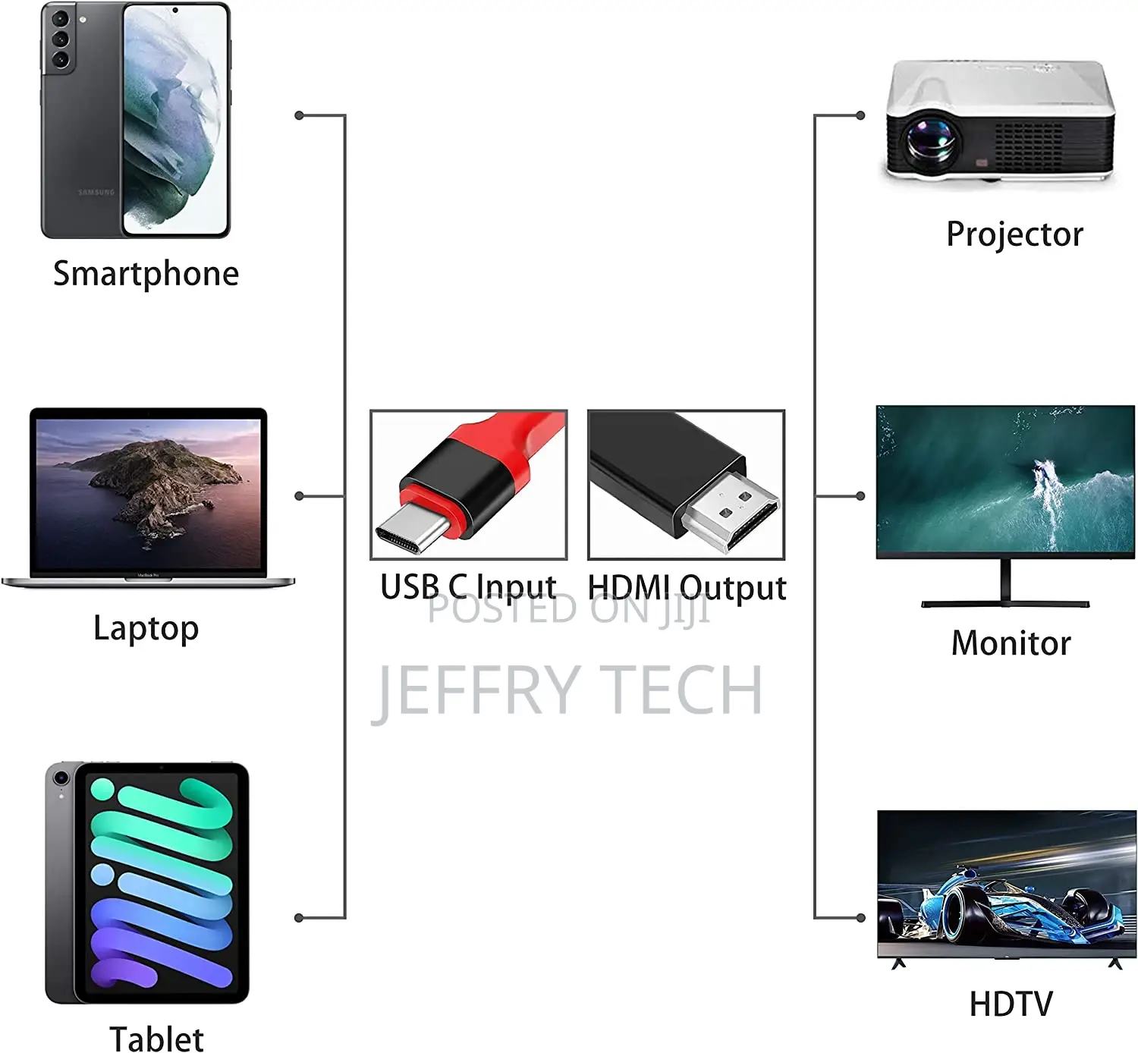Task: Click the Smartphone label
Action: coord(146,274)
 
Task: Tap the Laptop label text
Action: coord(146,629)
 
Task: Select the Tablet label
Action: coord(156,1039)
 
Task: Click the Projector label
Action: coord(1014,235)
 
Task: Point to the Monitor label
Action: coord(1011,643)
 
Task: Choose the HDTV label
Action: coord(1011,1003)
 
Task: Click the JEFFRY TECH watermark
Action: coord(567,690)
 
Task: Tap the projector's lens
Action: coord(931,140)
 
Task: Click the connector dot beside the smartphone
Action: coord(299,116)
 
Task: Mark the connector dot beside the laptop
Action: coord(299,496)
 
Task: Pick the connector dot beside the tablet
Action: coord(299,918)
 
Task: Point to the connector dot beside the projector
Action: coord(860,116)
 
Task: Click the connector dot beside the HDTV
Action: coord(860,918)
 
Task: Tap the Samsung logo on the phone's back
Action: coord(96,192)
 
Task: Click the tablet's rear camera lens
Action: coord(61,778)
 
